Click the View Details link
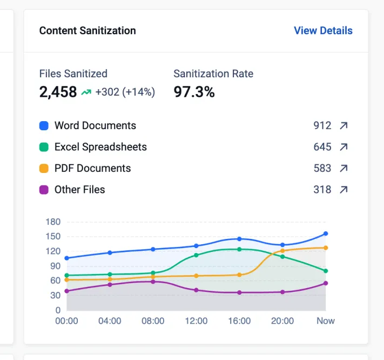(x=323, y=31)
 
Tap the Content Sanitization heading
(x=87, y=31)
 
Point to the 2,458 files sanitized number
(x=58, y=92)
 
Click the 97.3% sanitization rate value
(x=194, y=92)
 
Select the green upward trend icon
(x=86, y=92)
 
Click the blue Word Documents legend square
(x=44, y=125)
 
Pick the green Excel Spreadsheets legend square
(x=44, y=147)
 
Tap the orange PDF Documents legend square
(x=44, y=168)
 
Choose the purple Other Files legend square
(x=44, y=190)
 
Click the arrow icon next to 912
(x=343, y=125)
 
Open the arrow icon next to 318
(x=343, y=190)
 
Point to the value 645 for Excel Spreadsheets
(x=322, y=147)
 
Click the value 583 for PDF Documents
(x=322, y=168)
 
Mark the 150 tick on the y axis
(x=53, y=237)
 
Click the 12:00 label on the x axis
(x=196, y=321)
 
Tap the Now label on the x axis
(x=326, y=321)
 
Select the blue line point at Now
(x=326, y=234)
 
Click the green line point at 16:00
(x=239, y=249)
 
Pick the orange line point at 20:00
(x=282, y=251)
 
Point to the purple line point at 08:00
(x=153, y=282)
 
